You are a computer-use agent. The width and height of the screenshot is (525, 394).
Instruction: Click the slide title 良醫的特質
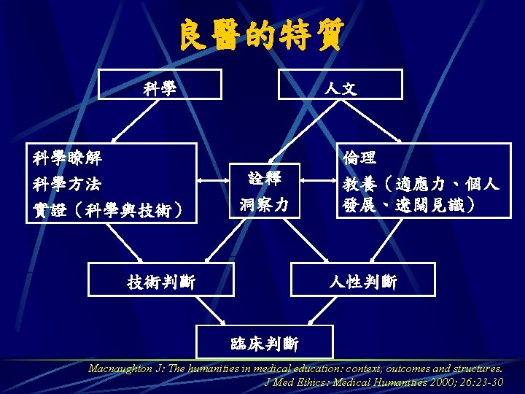coord(262,34)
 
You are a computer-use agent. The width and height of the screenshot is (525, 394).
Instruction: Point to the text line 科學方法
coord(68,183)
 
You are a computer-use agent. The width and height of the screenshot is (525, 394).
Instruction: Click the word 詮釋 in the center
coord(264,177)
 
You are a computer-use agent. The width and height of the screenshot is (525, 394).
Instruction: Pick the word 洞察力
coord(264,205)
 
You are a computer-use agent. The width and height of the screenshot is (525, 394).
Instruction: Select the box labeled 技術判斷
coord(161,279)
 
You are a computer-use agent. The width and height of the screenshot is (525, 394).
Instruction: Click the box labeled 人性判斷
coord(362,279)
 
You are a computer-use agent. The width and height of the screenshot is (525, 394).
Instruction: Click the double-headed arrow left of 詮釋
coord(214,179)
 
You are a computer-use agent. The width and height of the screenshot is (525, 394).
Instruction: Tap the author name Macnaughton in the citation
coord(120,368)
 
